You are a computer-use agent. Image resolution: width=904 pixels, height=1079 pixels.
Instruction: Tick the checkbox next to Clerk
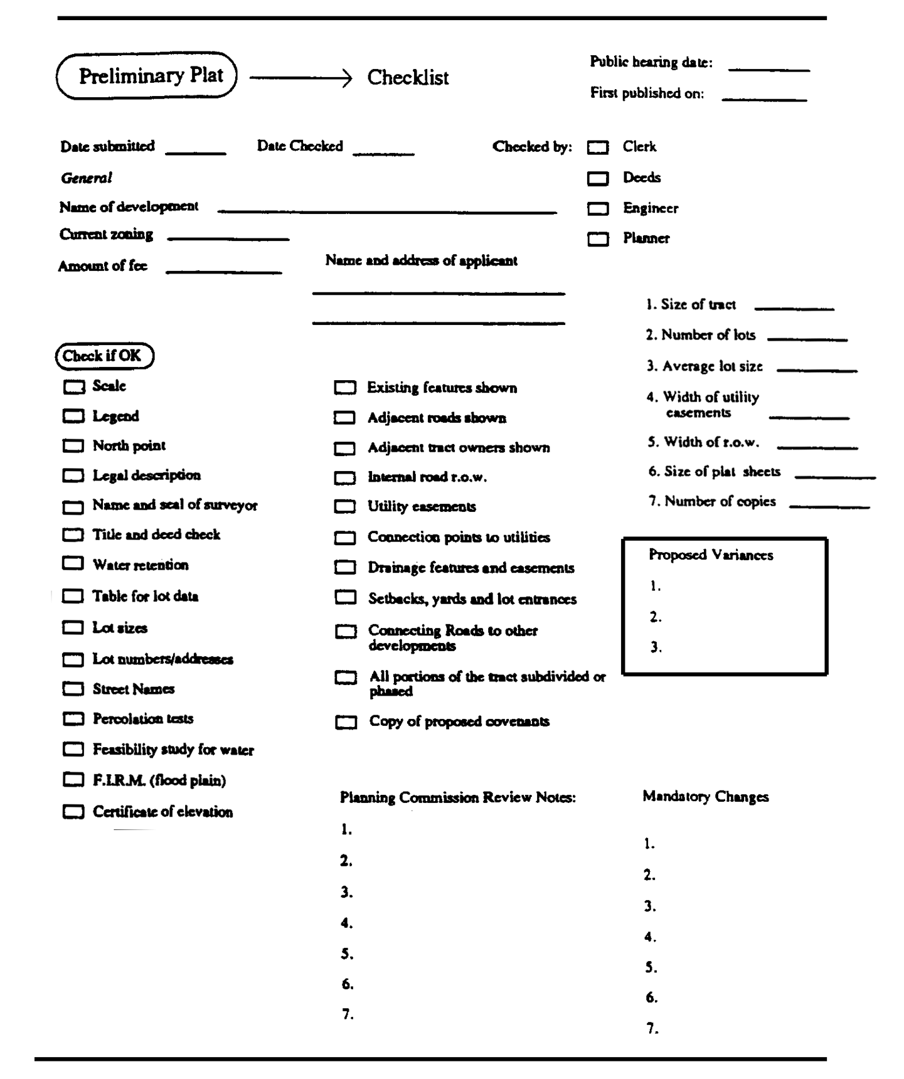598,147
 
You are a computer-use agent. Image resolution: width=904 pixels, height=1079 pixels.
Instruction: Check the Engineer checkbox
598,208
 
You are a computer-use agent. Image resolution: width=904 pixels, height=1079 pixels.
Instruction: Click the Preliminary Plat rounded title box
147,76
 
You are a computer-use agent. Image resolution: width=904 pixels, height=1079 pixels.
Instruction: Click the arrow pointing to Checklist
301,78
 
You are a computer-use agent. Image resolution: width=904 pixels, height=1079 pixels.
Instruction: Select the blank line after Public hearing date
769,68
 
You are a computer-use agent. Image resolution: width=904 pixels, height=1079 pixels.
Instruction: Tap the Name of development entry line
387,210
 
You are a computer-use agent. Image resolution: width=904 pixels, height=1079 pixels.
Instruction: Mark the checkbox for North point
73,446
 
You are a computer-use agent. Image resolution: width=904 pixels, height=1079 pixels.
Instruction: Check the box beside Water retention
73,563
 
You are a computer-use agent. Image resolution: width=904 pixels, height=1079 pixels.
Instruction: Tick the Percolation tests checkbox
73,719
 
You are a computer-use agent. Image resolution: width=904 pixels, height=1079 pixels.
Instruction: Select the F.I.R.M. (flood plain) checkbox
73,780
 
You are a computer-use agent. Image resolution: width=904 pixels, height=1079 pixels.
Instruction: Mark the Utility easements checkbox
345,506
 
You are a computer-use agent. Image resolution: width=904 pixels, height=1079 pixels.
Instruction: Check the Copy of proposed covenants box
346,722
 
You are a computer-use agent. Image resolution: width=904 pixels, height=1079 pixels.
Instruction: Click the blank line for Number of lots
807,338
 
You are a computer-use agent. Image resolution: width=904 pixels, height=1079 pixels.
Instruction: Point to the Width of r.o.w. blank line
817,446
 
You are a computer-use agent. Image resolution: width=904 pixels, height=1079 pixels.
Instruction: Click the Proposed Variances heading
711,555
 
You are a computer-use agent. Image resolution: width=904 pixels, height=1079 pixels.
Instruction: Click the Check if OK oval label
104,356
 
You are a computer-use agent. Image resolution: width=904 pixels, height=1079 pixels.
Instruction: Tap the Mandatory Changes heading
706,797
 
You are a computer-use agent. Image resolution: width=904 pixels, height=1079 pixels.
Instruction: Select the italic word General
87,178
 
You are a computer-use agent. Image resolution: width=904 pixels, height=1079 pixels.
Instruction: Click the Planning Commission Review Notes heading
457,798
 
